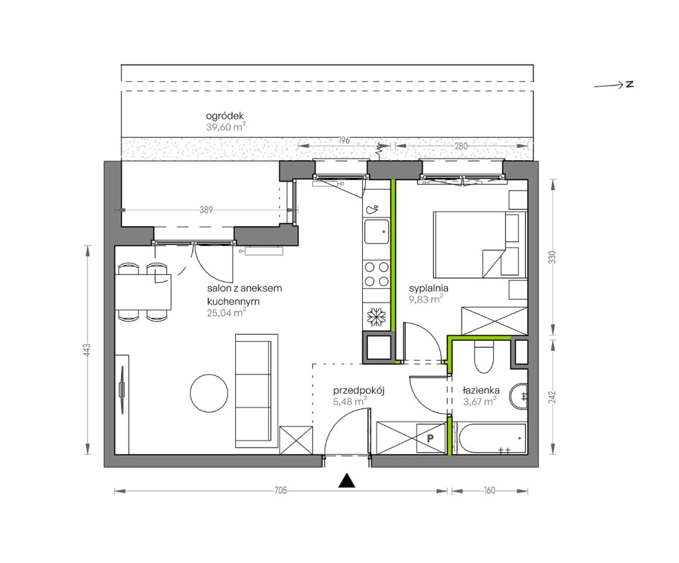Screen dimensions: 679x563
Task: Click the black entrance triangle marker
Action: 347,481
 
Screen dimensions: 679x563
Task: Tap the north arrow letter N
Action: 630,84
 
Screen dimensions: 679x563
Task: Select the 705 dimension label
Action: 281,491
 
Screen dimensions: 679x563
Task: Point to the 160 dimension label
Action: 490,491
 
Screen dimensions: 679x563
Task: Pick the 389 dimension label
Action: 206,209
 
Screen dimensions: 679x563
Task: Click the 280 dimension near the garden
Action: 461,147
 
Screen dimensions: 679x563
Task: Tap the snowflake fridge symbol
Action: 376,317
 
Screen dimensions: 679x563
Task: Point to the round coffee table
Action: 209,393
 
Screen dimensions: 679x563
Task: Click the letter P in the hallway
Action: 430,438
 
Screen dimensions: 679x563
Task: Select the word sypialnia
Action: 429,289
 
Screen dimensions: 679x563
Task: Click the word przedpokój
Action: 359,391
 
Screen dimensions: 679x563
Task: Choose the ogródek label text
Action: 225,116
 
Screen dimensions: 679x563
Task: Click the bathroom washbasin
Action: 518,396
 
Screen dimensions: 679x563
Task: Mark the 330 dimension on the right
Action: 552,257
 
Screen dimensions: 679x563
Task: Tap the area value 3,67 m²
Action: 480,402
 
